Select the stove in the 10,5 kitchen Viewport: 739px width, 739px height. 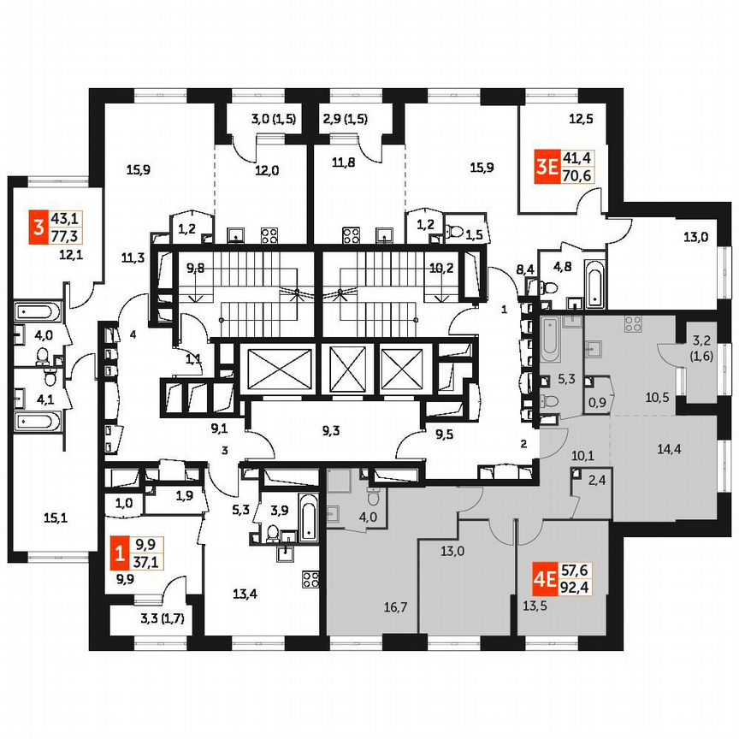coord(634,323)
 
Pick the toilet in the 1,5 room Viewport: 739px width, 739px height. coord(458,229)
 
